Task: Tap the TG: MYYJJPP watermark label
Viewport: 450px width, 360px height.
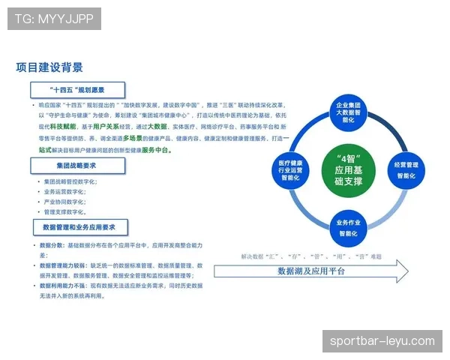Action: coord(54,19)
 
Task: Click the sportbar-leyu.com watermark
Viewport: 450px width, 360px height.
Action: coord(382,341)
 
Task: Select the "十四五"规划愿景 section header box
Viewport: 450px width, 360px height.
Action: coord(78,90)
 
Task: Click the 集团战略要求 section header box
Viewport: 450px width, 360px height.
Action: coord(78,165)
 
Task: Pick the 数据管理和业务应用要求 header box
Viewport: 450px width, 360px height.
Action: coord(80,226)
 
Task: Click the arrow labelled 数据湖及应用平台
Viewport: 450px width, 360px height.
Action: coord(311,271)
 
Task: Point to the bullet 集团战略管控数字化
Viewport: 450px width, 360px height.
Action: coord(70,182)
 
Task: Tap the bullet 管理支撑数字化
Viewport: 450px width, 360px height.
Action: coord(68,211)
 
